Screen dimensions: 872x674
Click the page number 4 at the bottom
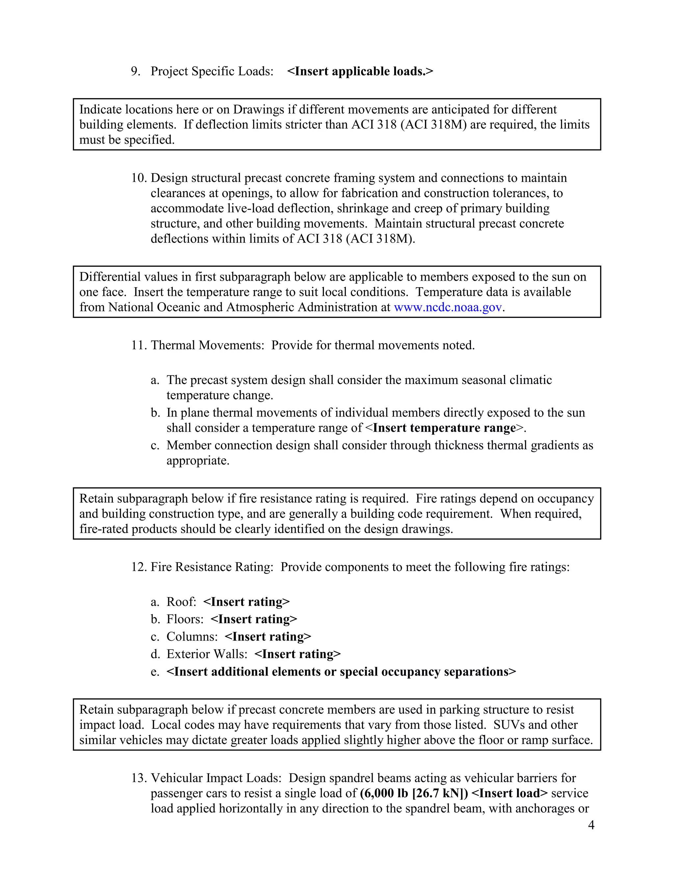(591, 825)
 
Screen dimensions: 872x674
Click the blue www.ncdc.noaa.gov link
(448, 307)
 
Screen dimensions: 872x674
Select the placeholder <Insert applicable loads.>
(360, 71)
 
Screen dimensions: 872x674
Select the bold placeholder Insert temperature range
(444, 428)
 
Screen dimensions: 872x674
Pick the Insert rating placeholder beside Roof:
(246, 602)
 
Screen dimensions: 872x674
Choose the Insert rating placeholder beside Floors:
(254, 620)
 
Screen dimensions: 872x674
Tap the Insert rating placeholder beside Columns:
(268, 637)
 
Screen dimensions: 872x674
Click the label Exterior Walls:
(207, 654)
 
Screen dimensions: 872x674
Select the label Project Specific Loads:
(212, 71)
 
